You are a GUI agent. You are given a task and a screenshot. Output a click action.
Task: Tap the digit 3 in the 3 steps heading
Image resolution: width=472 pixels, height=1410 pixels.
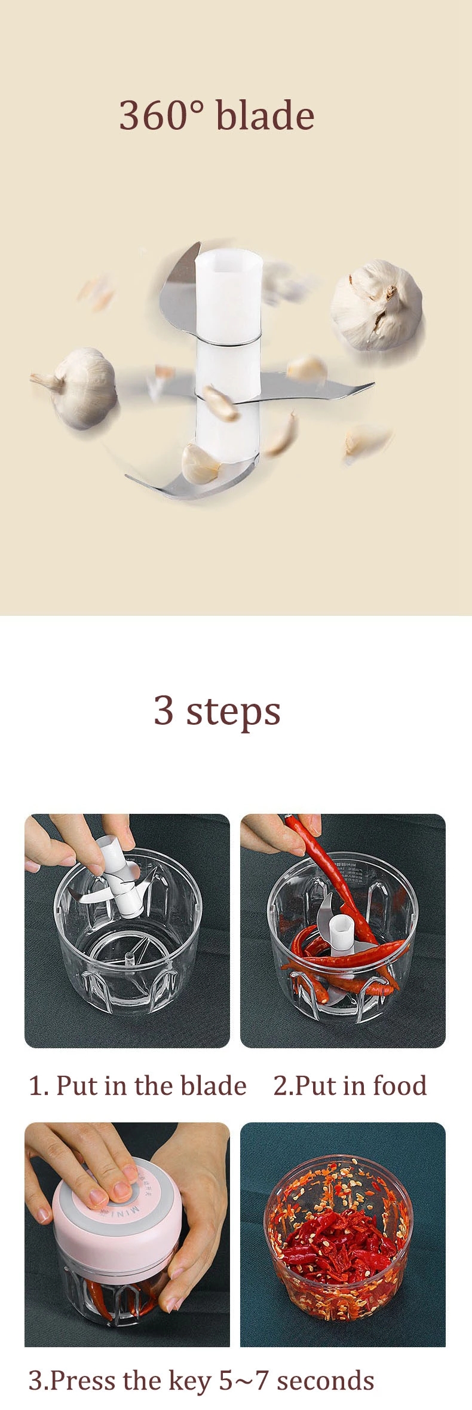(x=164, y=711)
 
